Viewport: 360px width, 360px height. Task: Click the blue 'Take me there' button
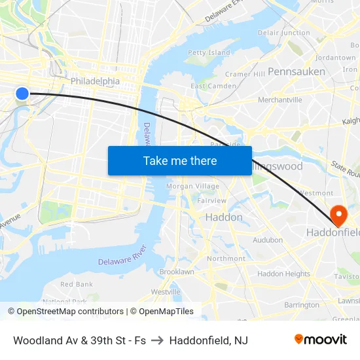coord(180,160)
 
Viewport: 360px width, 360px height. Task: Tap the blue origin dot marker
coord(22,94)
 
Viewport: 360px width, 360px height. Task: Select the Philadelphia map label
coord(96,81)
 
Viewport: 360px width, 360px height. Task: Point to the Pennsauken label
coord(297,71)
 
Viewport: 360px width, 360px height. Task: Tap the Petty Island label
coord(209,52)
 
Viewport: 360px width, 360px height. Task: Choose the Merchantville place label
coord(280,99)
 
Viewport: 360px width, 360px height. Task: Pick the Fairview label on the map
coord(211,200)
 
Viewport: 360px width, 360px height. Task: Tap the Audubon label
coord(268,240)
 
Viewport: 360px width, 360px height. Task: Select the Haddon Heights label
coord(283,274)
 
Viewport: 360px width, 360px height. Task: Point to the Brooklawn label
coord(177,271)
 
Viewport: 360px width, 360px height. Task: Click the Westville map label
coord(166,291)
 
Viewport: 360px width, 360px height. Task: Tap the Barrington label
coord(302,304)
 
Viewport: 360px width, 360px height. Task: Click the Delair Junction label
coord(284,33)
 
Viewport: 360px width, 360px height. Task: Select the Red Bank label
coord(77,284)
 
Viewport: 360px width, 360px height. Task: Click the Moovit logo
coord(321,339)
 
